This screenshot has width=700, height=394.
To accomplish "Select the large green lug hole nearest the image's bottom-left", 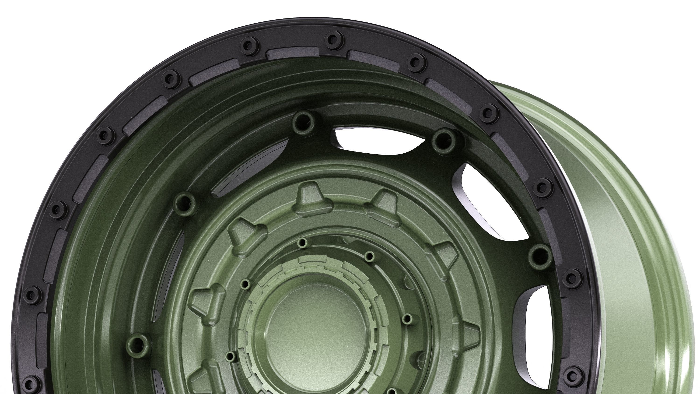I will tap(138, 343).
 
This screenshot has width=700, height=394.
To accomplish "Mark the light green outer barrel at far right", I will tap(647, 245).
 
